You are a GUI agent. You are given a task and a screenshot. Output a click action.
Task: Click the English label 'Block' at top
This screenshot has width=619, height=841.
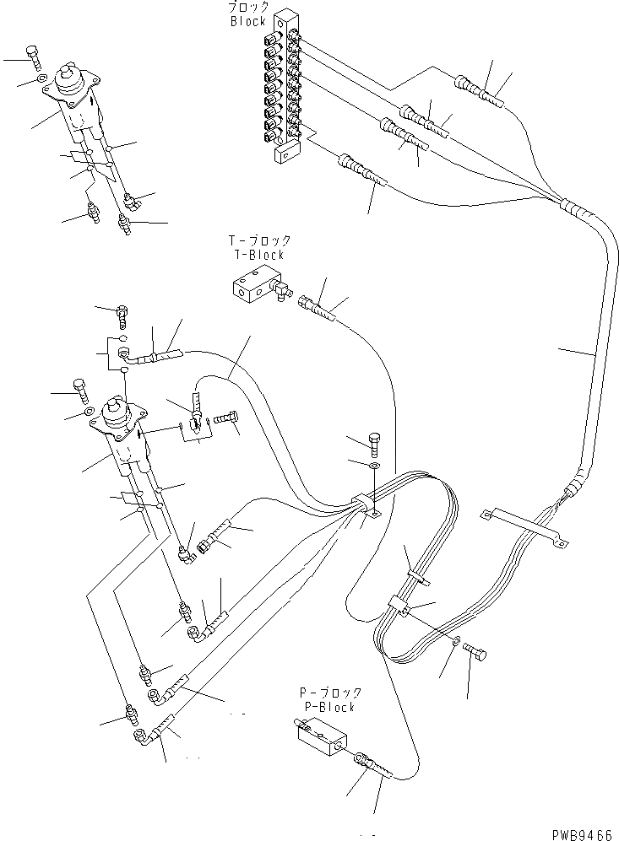coord(247,21)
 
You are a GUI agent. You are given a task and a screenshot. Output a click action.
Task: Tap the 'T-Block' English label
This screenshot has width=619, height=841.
coord(259,254)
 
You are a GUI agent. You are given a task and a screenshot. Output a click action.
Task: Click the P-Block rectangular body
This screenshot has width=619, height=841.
coord(320,735)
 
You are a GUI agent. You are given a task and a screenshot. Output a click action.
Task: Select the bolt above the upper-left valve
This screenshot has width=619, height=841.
coord(33,57)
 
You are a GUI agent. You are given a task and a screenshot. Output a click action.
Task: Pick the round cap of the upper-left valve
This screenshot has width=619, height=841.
coord(68,79)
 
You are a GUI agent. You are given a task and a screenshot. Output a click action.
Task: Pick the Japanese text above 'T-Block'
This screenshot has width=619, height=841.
coord(259,241)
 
